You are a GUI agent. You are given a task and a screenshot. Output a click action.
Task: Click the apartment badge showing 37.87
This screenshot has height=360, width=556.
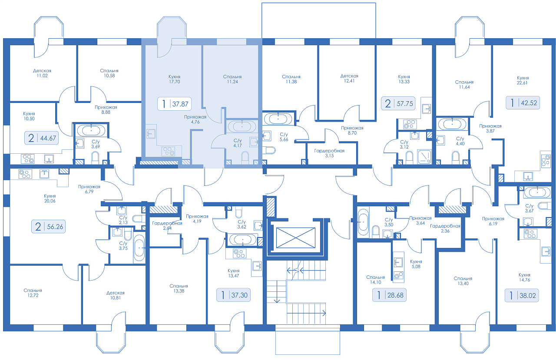tap(174, 104)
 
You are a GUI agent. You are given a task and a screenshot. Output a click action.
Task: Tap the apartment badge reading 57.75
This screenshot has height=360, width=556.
tap(398, 103)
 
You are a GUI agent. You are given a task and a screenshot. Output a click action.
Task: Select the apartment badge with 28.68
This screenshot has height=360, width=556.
tap(389, 295)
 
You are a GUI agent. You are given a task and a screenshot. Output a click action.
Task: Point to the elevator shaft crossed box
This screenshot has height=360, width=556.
tap(296, 238)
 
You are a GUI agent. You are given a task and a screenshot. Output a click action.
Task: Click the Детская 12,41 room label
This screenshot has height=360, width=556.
tap(349, 79)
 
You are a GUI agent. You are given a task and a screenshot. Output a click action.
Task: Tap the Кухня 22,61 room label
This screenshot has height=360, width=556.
tap(523, 80)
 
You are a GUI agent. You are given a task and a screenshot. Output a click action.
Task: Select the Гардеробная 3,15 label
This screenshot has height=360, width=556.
tap(329, 153)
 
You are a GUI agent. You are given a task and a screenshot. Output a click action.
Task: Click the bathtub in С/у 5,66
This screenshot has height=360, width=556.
tap(278, 119)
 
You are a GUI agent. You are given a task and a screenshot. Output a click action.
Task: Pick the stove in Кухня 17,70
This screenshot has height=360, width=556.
tap(168, 151)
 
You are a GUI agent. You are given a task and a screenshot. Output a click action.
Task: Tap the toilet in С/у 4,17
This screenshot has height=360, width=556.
tap(245, 158)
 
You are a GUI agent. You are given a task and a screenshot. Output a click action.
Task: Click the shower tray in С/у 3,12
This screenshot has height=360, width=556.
tap(424, 157)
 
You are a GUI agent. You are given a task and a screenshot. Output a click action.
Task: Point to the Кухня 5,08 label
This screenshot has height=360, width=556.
tap(416, 264)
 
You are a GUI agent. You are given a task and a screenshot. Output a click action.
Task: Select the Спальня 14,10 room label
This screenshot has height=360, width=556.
tap(375, 280)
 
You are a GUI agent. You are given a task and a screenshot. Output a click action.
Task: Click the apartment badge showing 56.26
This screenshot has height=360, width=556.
tap(48, 226)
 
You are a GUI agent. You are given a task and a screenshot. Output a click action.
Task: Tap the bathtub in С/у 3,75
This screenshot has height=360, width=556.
tap(139, 248)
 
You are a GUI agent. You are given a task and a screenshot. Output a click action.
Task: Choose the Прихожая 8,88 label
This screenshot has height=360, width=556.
tap(106, 110)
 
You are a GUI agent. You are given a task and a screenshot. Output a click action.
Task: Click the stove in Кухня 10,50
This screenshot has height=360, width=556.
tap(27, 159)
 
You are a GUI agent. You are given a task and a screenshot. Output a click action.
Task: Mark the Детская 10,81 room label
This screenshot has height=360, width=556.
tap(116, 295)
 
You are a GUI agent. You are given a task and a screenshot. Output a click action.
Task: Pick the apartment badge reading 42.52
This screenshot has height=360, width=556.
tap(523, 102)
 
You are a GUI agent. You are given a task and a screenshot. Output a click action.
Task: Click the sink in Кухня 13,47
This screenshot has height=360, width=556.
tap(257, 266)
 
